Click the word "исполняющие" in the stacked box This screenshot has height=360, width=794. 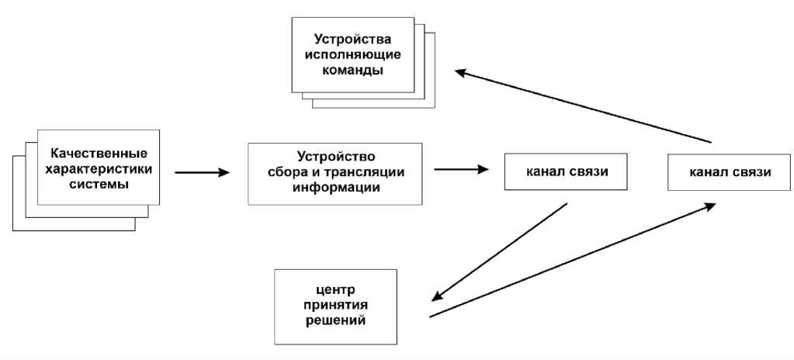click(x=352, y=54)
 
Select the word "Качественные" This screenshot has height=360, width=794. click(x=98, y=154)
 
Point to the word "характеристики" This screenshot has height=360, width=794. click(x=98, y=169)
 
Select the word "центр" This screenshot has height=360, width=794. click(x=335, y=290)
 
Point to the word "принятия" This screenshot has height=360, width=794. click(x=335, y=305)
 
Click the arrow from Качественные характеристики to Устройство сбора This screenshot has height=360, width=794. click(x=203, y=172)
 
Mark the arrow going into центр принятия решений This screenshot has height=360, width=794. click(x=499, y=252)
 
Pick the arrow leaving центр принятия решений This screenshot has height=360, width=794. click(x=572, y=260)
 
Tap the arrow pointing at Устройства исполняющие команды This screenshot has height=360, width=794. click(x=582, y=107)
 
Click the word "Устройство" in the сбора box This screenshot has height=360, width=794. click(x=336, y=155)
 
